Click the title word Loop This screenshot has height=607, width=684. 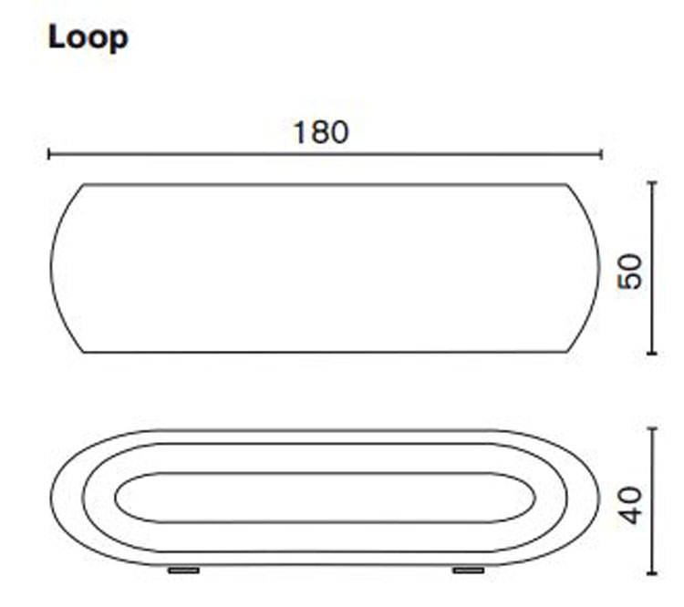click(88, 38)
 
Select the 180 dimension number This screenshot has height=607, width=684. click(321, 133)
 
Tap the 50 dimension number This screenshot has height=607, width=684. click(630, 271)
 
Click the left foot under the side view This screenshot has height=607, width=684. click(184, 571)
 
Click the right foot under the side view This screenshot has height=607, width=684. click(468, 571)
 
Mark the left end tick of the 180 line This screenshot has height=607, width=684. click(49, 155)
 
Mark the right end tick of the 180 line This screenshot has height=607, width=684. click(601, 155)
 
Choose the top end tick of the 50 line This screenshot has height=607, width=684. click(652, 183)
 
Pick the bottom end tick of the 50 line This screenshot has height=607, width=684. click(652, 353)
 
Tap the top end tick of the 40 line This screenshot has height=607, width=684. click(652, 428)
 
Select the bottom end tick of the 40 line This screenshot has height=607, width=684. click(652, 573)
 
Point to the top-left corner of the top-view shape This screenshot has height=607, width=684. click(85, 185)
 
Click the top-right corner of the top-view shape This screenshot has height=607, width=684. click(566, 185)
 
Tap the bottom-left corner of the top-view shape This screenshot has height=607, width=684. click(85, 352)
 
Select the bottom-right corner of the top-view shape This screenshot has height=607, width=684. click(566, 352)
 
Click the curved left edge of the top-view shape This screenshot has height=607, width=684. click(52, 269)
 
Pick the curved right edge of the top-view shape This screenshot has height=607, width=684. click(599, 269)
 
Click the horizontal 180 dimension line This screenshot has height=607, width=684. click(182, 155)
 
